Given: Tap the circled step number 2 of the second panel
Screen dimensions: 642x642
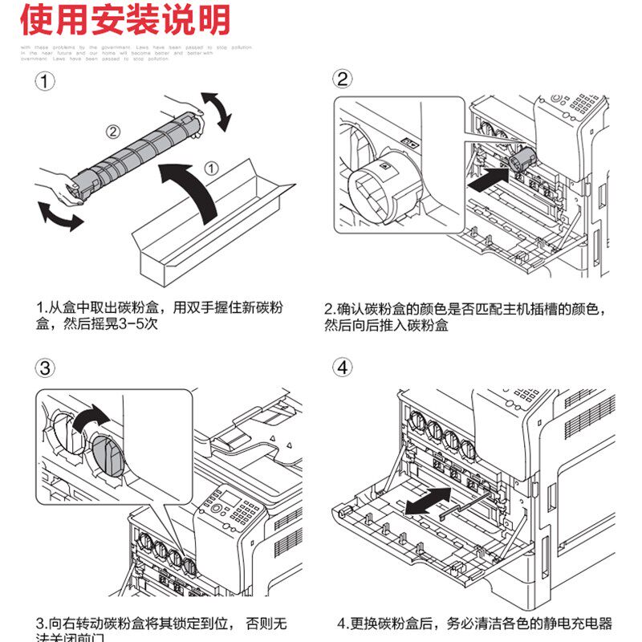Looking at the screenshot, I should pyautogui.click(x=343, y=79).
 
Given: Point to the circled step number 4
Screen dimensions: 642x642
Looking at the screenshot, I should pyautogui.click(x=343, y=368).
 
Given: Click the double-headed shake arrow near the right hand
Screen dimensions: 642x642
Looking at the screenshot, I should pyautogui.click(x=215, y=111).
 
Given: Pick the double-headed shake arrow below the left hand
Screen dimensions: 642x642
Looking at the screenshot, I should pyautogui.click(x=61, y=215).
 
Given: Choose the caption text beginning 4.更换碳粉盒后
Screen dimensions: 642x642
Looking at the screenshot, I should pyautogui.click(x=473, y=623).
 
